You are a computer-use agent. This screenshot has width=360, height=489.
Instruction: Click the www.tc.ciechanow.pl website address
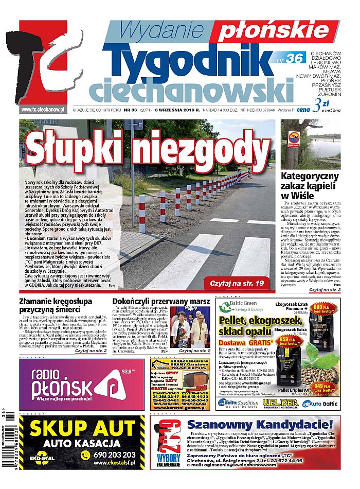click(42, 109)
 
